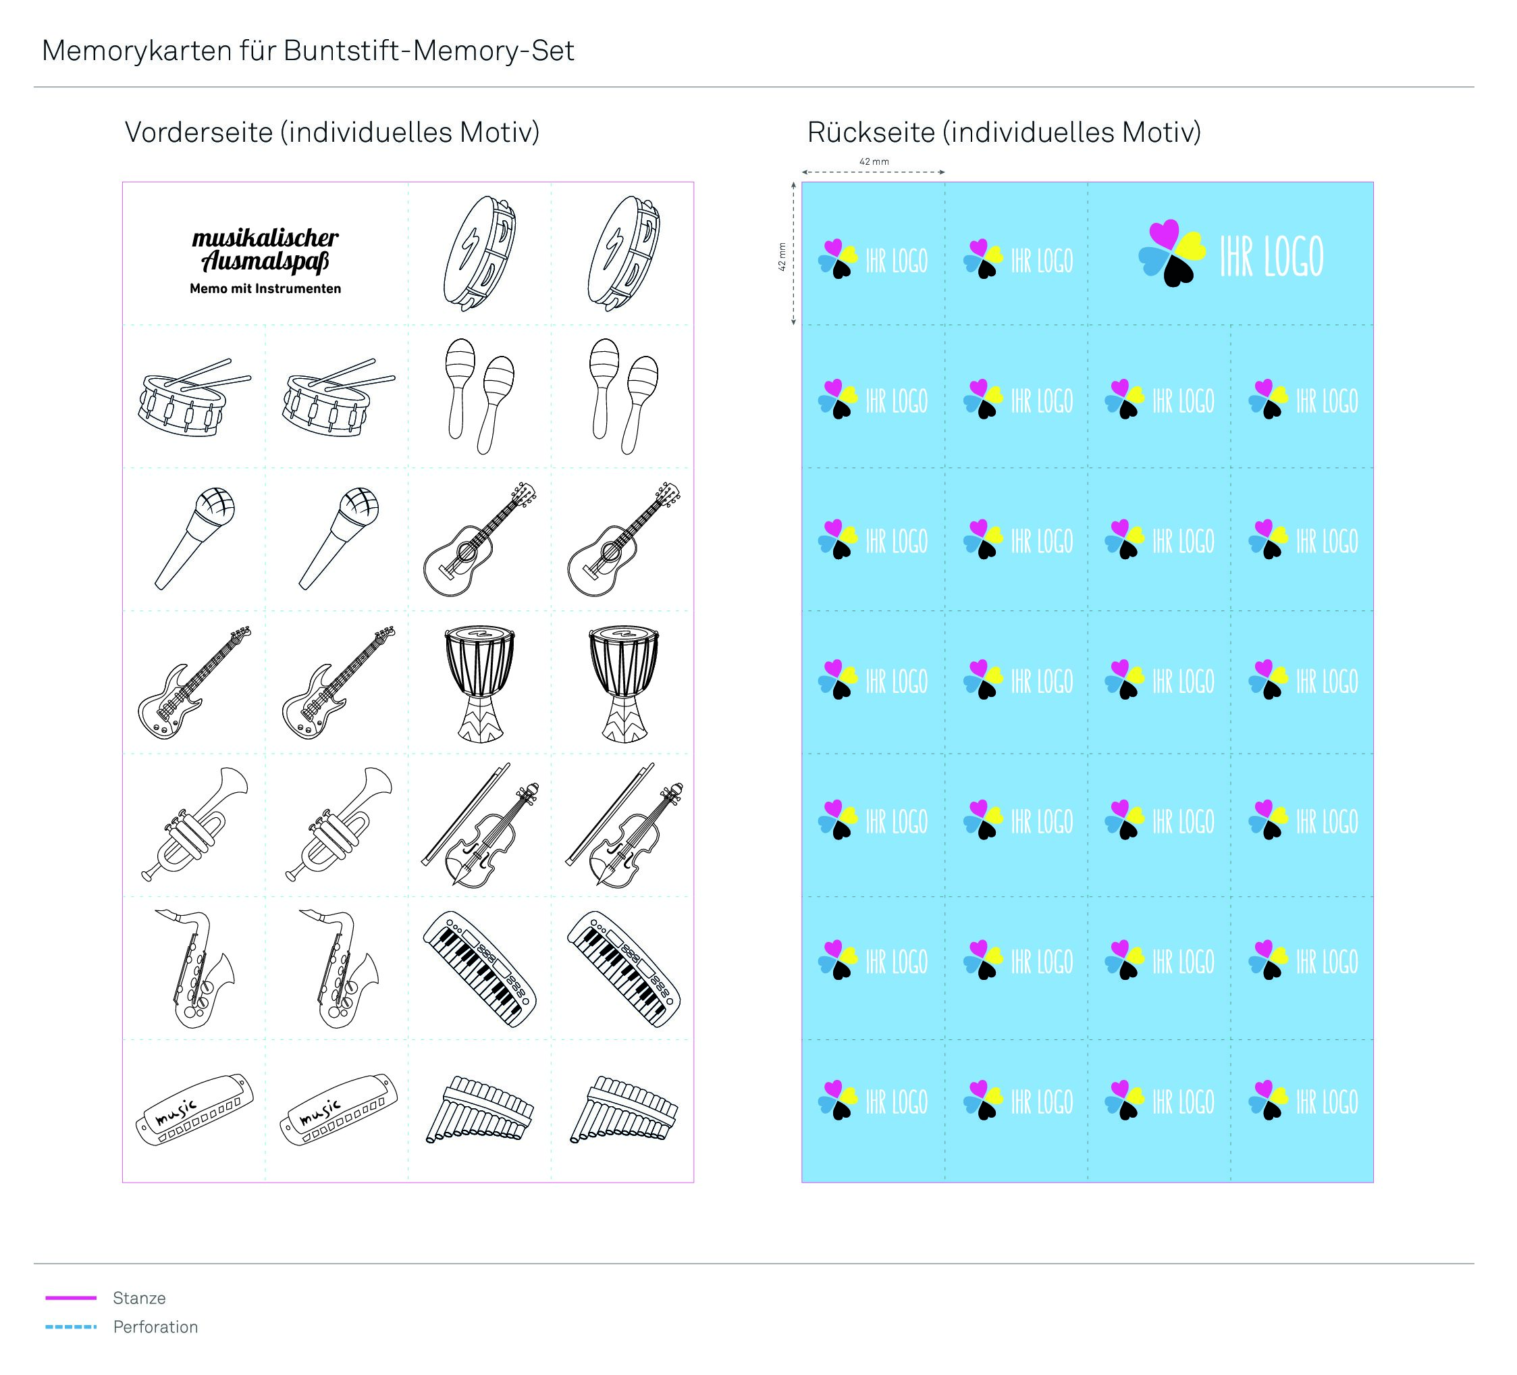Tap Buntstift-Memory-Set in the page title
[x=429, y=51]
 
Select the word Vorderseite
[x=198, y=132]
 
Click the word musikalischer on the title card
[x=265, y=238]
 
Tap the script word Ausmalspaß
[x=265, y=262]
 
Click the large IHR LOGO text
[x=1271, y=257]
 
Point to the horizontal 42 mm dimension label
[x=874, y=162]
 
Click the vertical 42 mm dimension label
[x=782, y=257]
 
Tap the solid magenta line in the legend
[x=72, y=1297]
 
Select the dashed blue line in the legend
[x=72, y=1326]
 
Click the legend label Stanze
[x=139, y=1297]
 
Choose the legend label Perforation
[x=156, y=1327]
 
